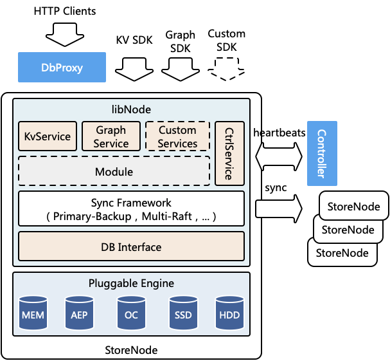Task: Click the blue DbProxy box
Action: (62, 68)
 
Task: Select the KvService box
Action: (48, 136)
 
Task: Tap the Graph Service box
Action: (111, 136)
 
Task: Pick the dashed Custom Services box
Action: (177, 136)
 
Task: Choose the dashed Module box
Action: (114, 172)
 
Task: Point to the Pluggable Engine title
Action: (131, 283)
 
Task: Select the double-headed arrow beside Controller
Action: (279, 156)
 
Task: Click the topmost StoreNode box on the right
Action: (354, 207)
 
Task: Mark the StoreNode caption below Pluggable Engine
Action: (131, 350)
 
